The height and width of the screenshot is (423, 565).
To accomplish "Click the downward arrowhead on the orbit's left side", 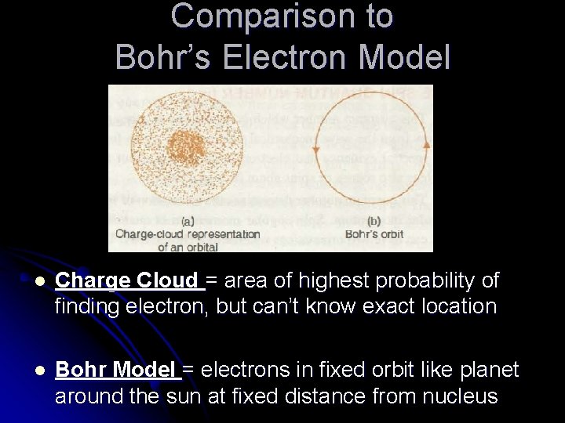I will coord(315,148).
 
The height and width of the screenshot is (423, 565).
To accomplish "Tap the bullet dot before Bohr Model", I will coord(27,370).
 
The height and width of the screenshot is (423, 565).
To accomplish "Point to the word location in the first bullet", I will coord(448,306).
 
